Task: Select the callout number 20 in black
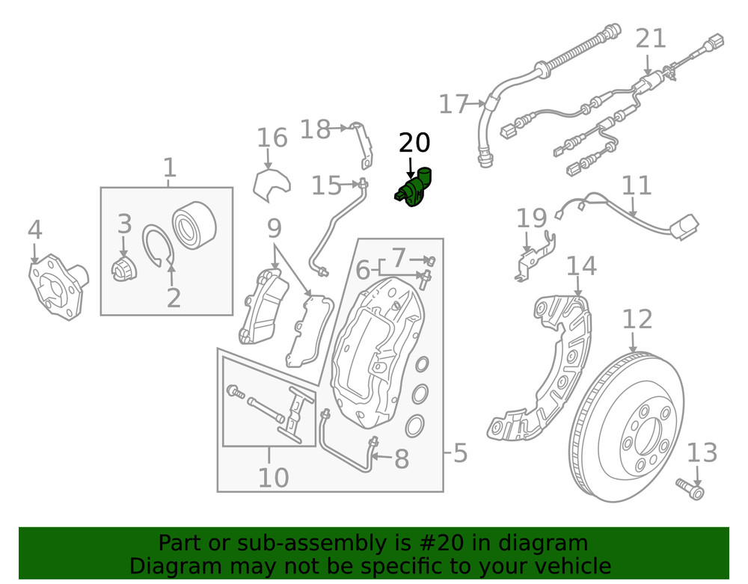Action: [414, 142]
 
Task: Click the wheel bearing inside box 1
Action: [194, 224]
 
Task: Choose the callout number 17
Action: [453, 104]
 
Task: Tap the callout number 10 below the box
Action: [273, 476]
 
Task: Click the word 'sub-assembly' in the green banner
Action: [308, 543]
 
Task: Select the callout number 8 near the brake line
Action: [402, 459]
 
